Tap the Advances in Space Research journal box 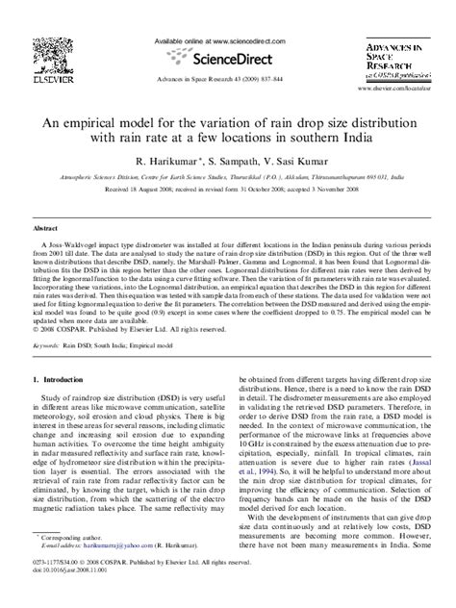(x=394, y=57)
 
